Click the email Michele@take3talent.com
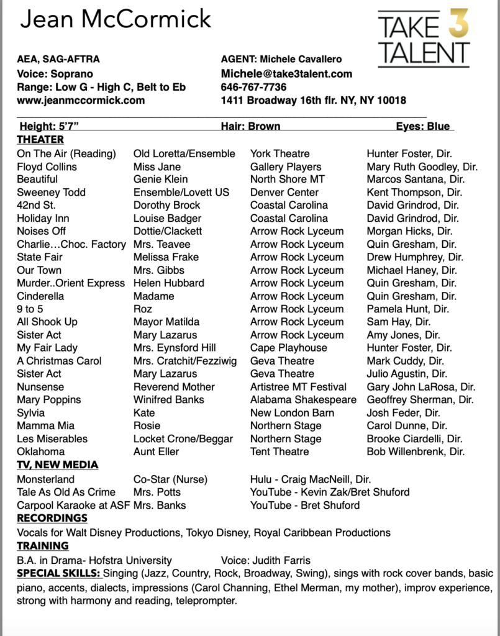coord(286,74)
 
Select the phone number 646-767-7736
coord(253,87)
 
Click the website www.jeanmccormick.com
coord(81,100)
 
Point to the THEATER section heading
coord(40,140)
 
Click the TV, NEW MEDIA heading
coord(57,465)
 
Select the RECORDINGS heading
coord(52,518)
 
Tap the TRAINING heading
coord(43,546)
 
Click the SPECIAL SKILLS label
coord(58,573)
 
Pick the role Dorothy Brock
coord(166,205)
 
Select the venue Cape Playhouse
coord(288,348)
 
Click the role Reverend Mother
coord(174,387)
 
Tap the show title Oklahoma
coord(40,452)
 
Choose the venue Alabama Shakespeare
coord(303,400)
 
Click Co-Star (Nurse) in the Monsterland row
coord(170,479)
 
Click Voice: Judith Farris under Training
coord(267,560)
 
